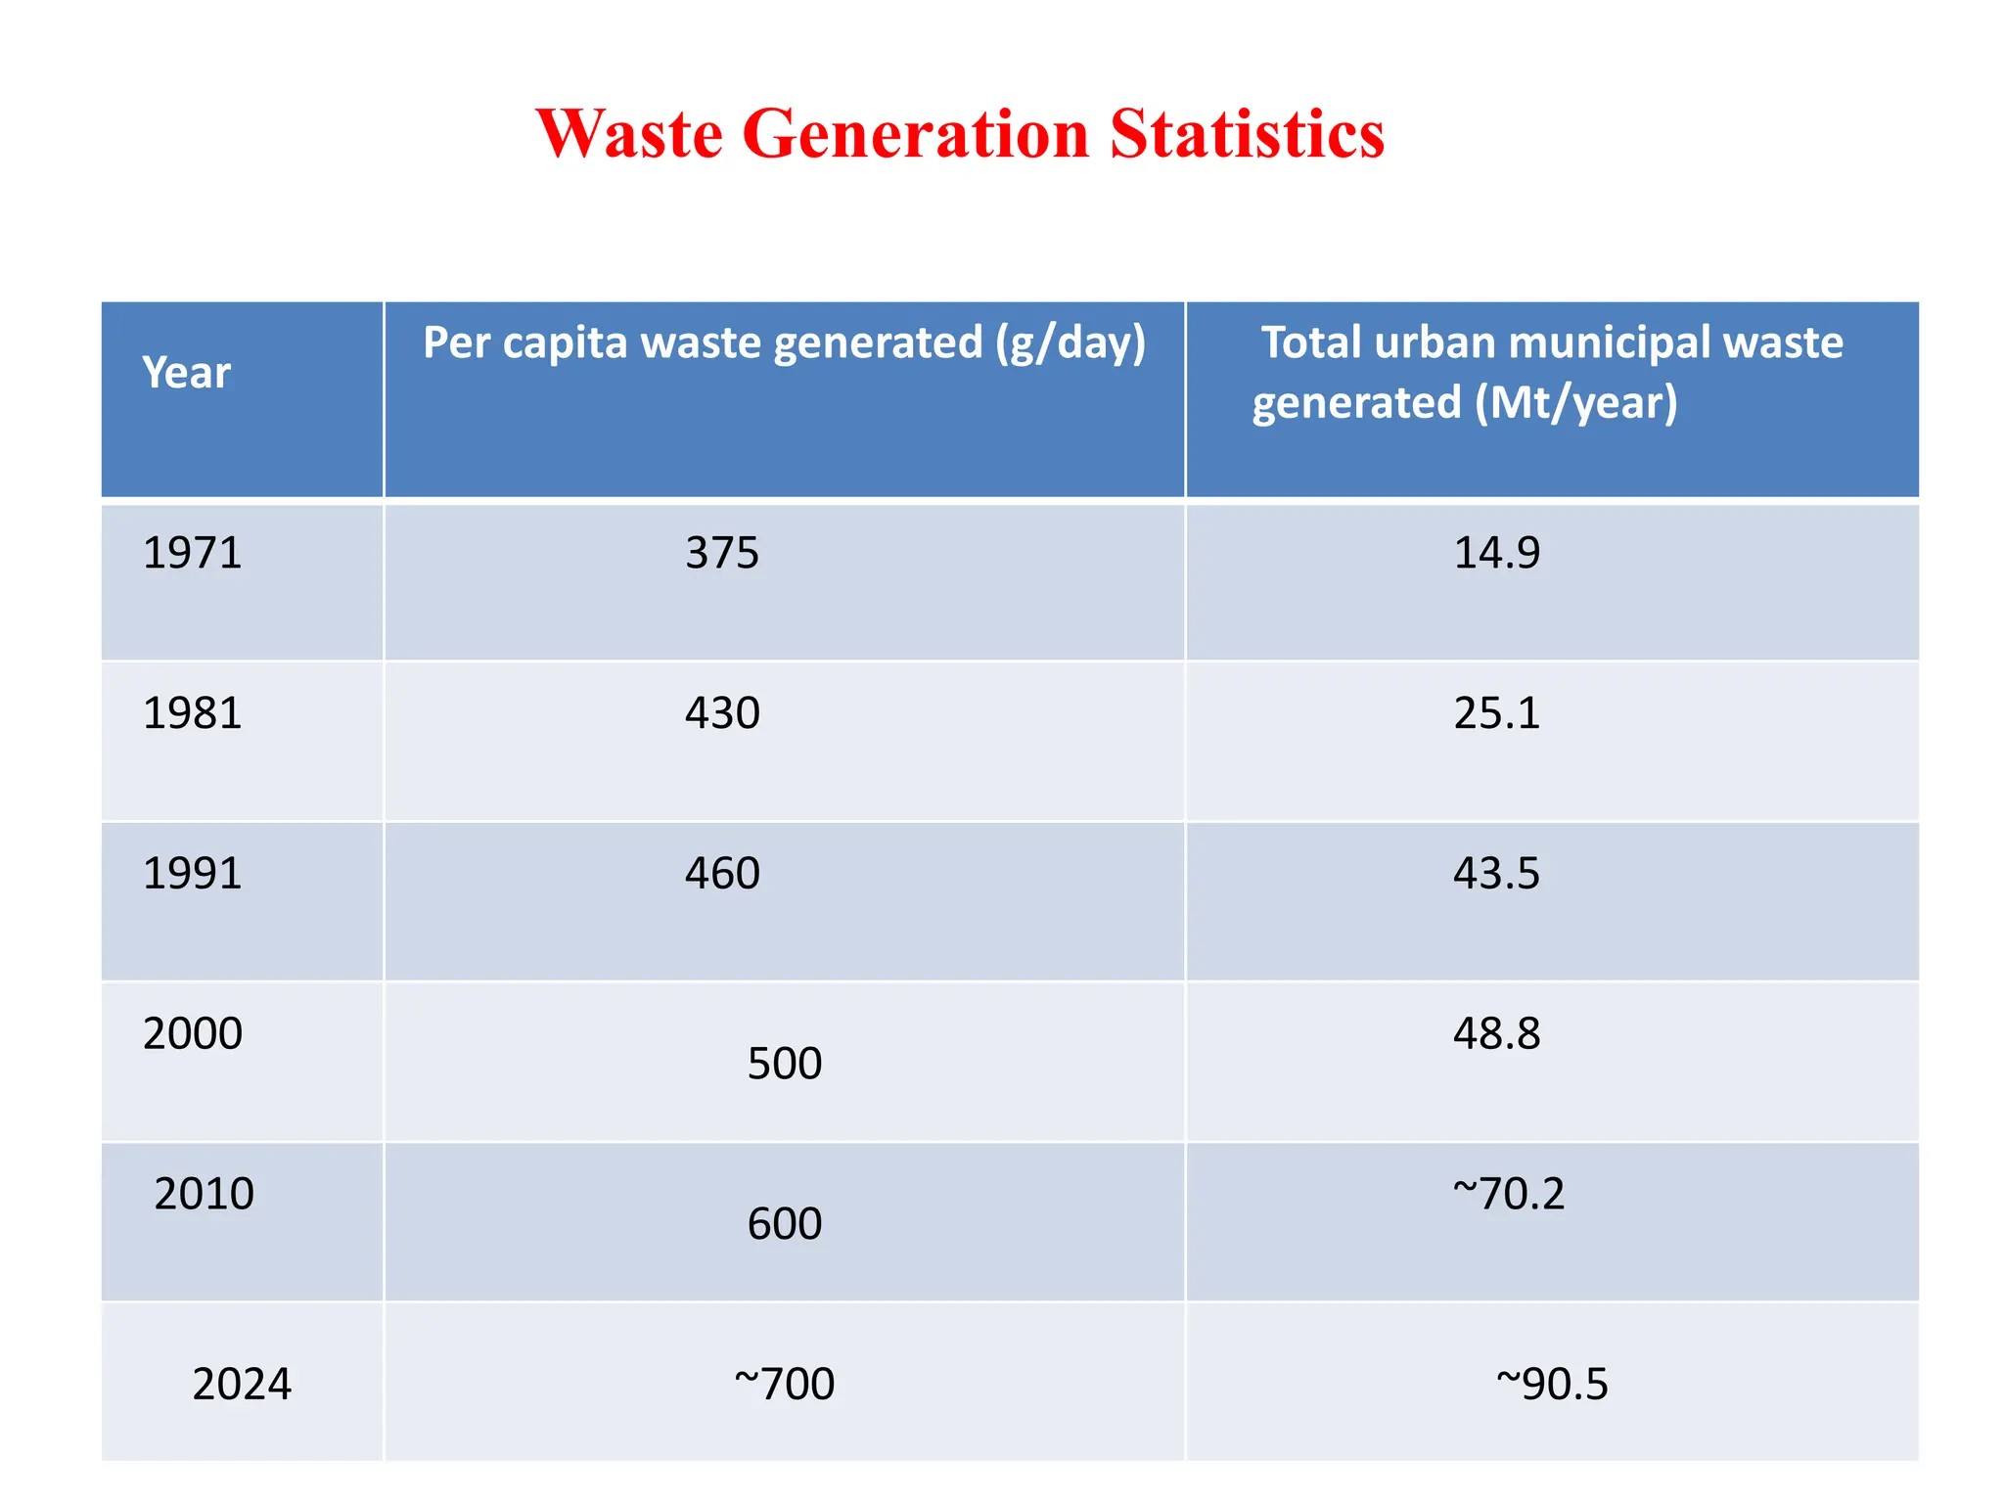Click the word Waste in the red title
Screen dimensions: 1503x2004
tap(629, 133)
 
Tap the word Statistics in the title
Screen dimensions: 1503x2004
tap(1247, 133)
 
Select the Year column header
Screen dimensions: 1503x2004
tap(186, 373)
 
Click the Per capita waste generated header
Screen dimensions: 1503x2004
tap(784, 343)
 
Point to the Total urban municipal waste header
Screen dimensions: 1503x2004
tap(1550, 373)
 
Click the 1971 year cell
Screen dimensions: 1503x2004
tap(192, 553)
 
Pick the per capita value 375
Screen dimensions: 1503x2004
tap(722, 554)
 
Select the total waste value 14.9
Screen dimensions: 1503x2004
tap(1496, 553)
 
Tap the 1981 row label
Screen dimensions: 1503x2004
tap(192, 713)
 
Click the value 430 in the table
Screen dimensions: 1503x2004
tap(722, 713)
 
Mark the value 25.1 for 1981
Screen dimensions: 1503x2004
tap(1496, 713)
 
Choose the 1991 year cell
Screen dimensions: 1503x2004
tap(192, 874)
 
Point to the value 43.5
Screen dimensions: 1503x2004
tap(1496, 874)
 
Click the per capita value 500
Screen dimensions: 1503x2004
tap(784, 1064)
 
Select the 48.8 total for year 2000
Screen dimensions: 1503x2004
tap(1496, 1034)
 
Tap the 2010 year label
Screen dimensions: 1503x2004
tap(204, 1194)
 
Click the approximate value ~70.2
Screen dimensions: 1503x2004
tap(1508, 1194)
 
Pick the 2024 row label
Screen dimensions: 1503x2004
tap(242, 1385)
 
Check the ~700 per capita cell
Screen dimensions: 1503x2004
tap(784, 1385)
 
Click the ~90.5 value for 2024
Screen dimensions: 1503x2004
tap(1552, 1385)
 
